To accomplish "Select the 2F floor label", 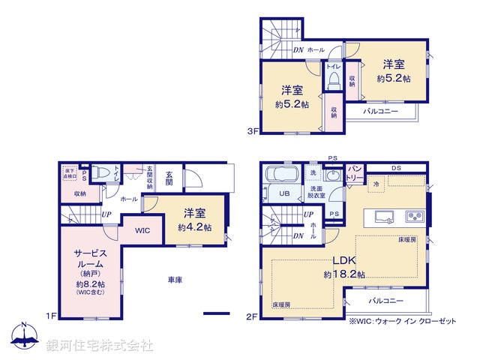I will coord(253,316).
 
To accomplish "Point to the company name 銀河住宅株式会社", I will coord(100,346).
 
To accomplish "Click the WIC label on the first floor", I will coord(142,230).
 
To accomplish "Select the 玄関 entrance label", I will coord(169,178).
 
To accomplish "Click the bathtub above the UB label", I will coord(282,175).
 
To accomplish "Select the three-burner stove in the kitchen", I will coord(415,217).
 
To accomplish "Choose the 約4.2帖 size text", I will coord(195,226).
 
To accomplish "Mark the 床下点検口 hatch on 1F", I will coord(70,173).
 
